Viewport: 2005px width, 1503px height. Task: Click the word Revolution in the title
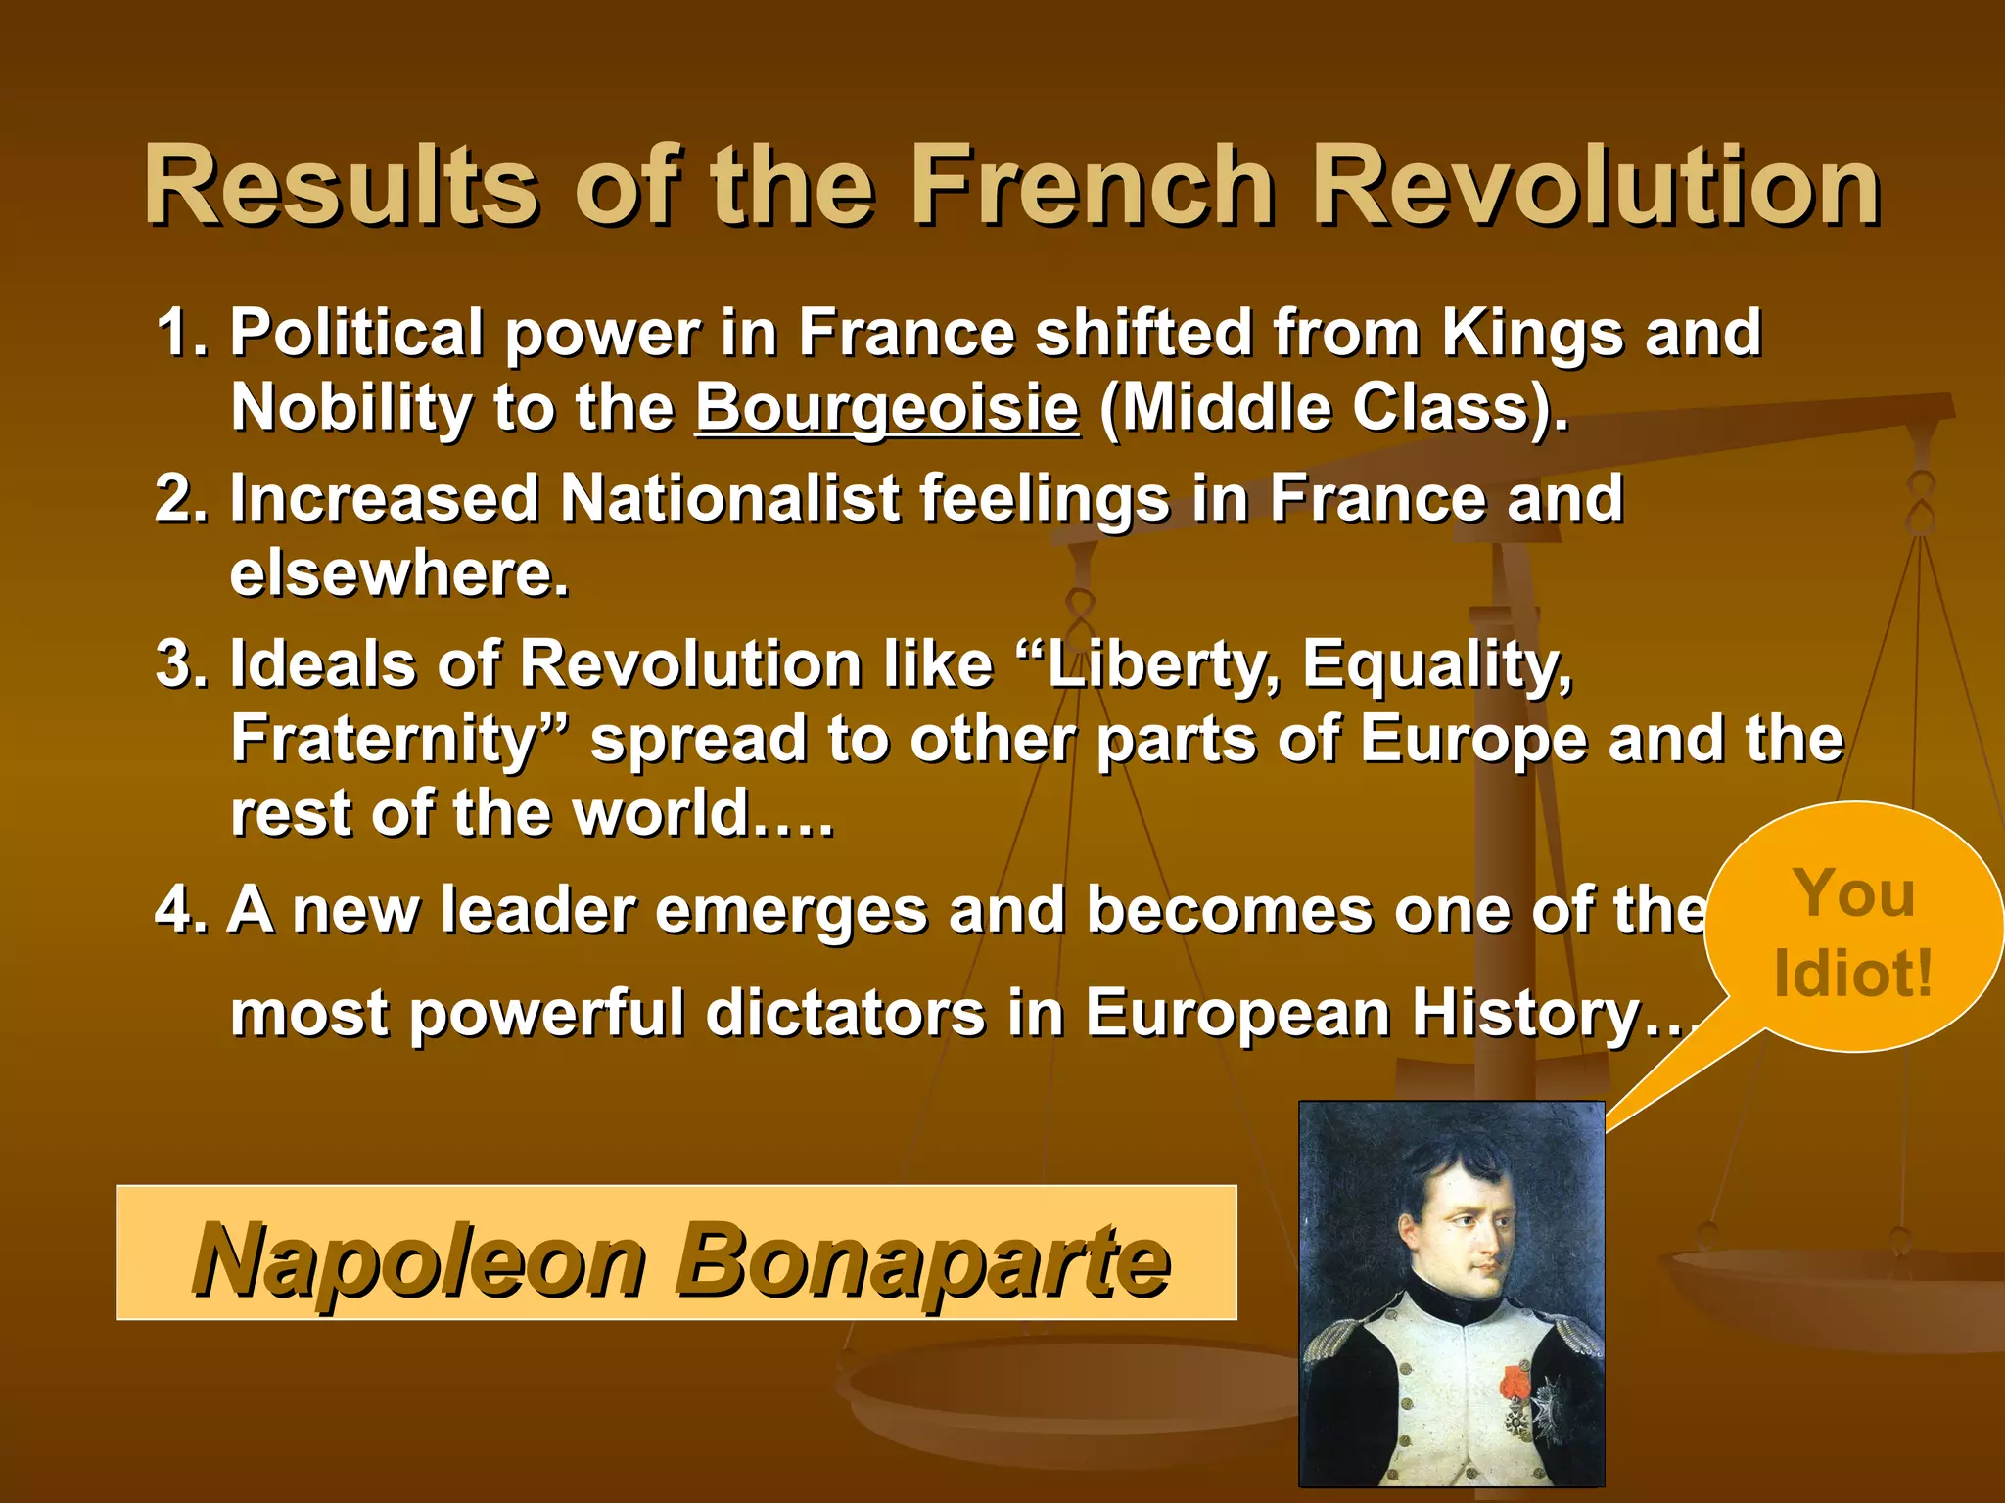[1596, 186]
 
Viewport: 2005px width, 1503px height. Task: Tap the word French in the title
[1094, 186]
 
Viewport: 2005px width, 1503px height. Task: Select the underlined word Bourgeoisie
[887, 407]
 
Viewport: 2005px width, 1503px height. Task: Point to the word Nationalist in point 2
[729, 498]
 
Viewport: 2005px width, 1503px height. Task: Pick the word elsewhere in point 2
[398, 573]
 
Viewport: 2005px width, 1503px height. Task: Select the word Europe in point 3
[1473, 740]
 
